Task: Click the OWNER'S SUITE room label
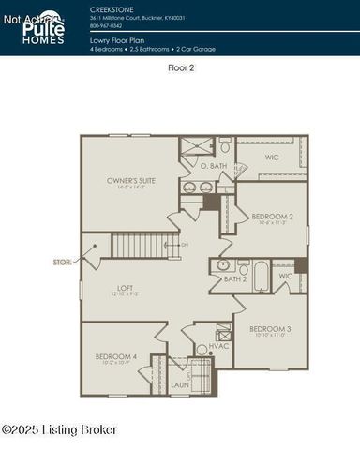(132, 180)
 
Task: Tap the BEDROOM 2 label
(273, 217)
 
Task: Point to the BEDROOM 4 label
(116, 356)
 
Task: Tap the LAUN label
(180, 384)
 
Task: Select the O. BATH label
(214, 166)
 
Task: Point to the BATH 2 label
(235, 278)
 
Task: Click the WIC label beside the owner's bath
(272, 157)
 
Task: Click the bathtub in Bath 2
(260, 277)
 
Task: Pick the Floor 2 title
(180, 67)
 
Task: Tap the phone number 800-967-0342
(106, 25)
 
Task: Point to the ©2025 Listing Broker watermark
(59, 429)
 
